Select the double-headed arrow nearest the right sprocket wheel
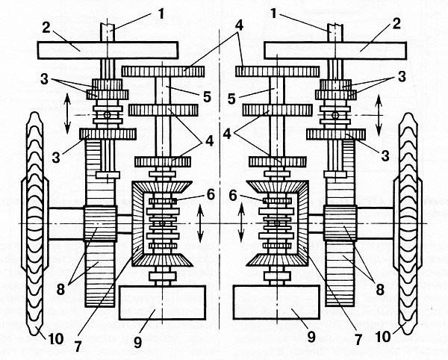coord(379,114)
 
